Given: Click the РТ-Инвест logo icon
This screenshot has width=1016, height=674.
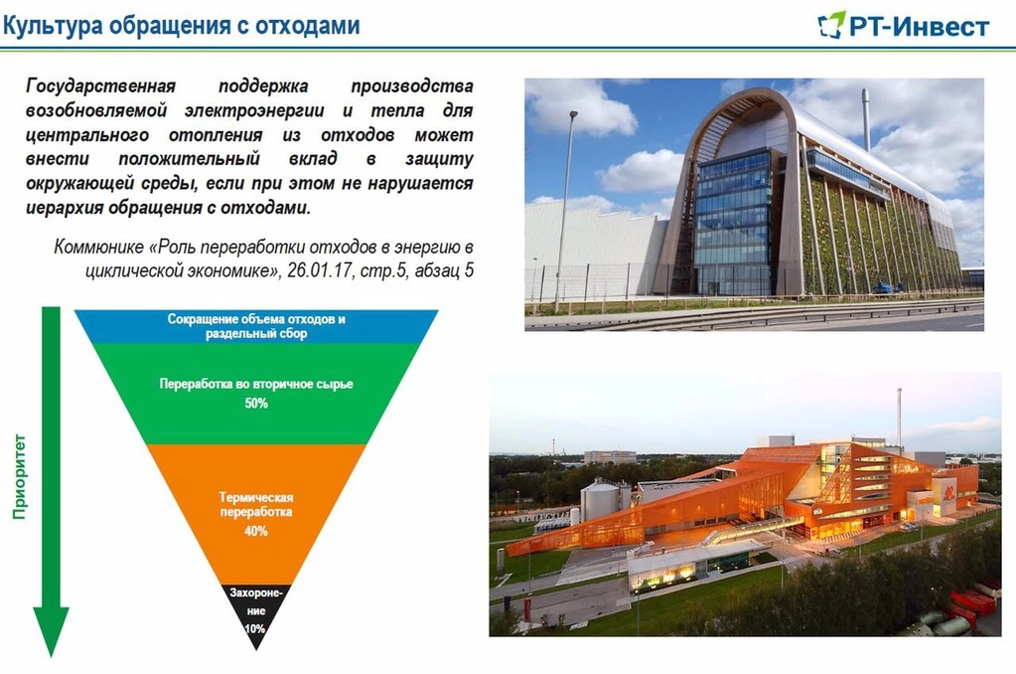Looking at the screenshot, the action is [x=831, y=25].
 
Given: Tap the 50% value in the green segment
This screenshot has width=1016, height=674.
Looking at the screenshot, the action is [x=256, y=404].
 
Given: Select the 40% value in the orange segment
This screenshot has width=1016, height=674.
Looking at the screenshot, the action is [x=256, y=531].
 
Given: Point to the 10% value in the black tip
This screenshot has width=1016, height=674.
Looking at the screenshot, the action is [x=255, y=628].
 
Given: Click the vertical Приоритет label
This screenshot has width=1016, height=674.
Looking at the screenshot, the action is [x=20, y=477].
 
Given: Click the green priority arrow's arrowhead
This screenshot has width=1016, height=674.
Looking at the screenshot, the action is [x=52, y=631].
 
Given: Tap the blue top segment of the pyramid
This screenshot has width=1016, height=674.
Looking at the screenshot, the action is [x=256, y=326].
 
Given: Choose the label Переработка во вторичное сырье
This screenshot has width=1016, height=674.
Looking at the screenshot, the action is [x=256, y=384].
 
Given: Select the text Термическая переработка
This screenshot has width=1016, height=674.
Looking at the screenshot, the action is [x=256, y=505].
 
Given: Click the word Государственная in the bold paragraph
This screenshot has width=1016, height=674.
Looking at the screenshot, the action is [x=101, y=86].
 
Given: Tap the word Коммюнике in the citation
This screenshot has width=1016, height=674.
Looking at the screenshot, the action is [x=98, y=248].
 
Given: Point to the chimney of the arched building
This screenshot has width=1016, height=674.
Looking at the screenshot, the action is [x=866, y=120].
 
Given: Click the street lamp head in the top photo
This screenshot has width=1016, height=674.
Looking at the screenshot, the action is [x=573, y=114].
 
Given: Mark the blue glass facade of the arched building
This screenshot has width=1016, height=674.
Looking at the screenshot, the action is [x=735, y=221].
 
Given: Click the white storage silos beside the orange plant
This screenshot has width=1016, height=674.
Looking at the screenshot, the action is [x=599, y=501].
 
